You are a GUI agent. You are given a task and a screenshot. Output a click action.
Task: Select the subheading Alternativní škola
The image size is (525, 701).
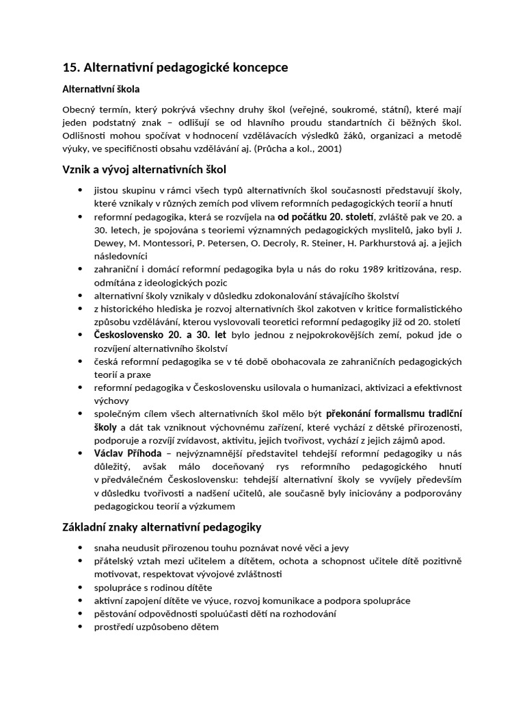101,89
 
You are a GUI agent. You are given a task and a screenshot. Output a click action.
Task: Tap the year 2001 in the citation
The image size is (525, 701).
327,148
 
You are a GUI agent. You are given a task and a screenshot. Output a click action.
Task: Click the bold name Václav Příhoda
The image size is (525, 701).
128,453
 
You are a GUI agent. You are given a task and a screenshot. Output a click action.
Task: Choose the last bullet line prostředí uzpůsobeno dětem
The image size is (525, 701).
156,626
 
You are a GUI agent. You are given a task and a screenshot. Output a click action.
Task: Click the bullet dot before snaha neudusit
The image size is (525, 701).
81,548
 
